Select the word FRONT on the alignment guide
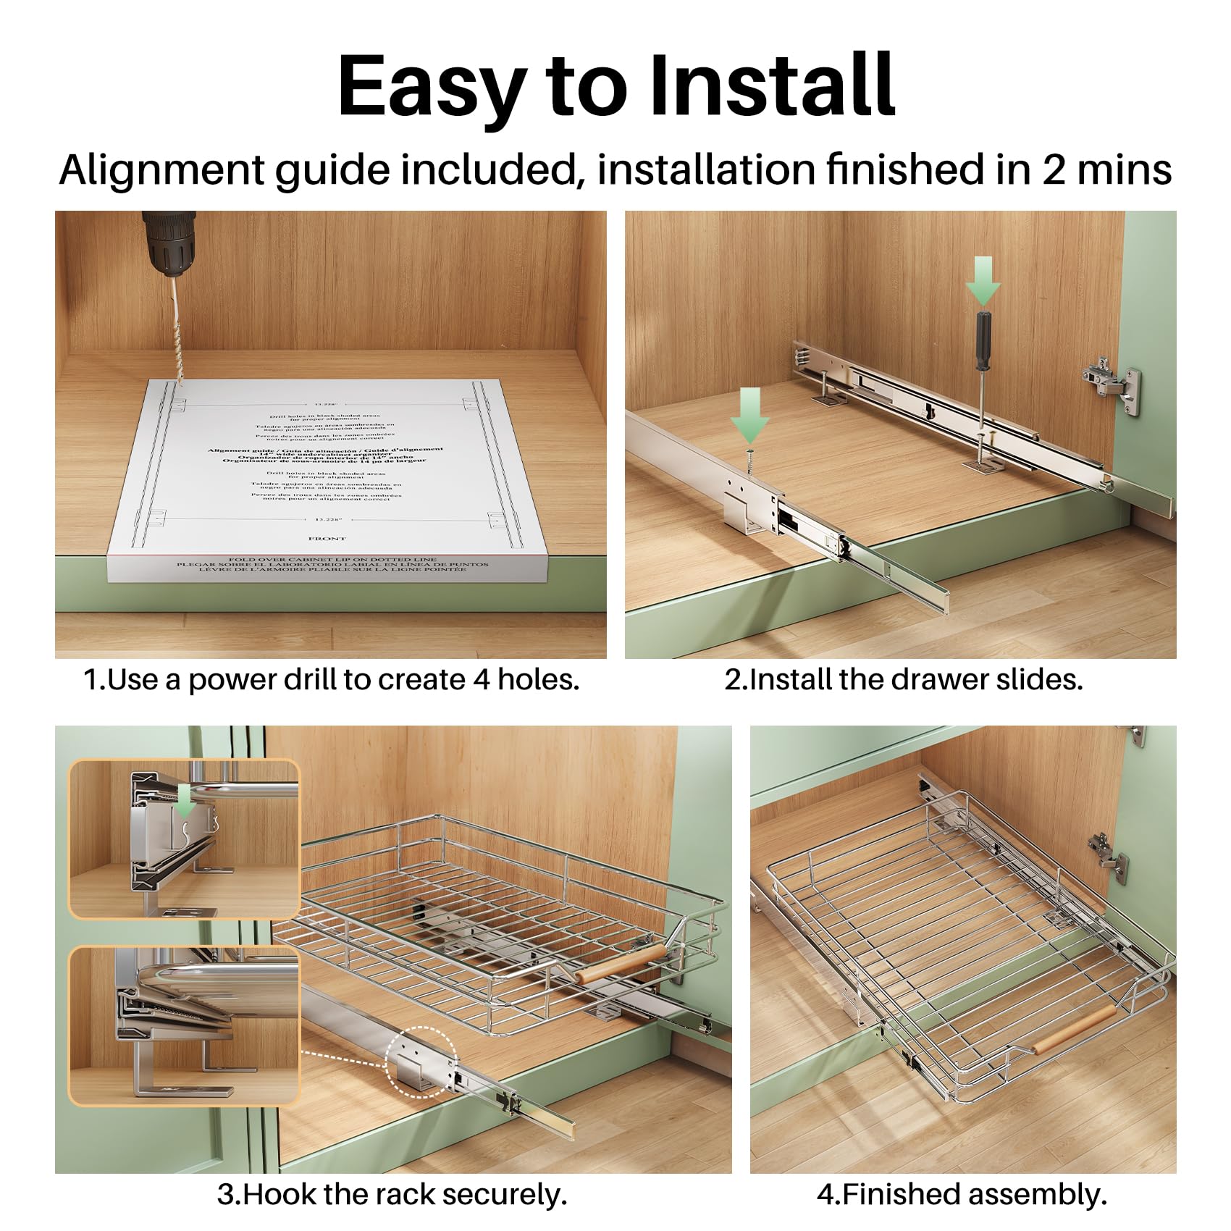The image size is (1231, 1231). click(327, 539)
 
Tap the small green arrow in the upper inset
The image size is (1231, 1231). click(186, 801)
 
